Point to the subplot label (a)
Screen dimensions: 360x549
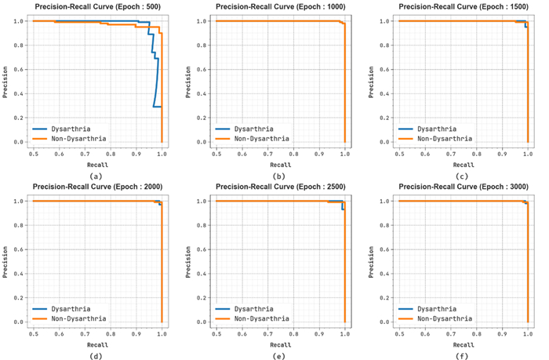click(x=97, y=176)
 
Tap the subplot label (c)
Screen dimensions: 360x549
click(x=463, y=176)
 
